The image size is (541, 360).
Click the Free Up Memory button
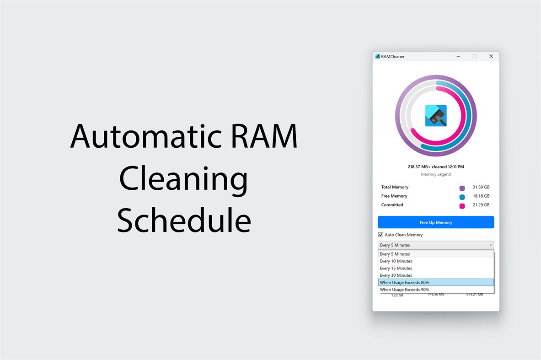[435, 222]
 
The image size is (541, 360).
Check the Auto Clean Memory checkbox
[380, 235]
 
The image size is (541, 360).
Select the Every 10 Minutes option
[396, 261]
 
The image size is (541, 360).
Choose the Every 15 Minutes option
[396, 269]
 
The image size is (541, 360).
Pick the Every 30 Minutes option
[396, 275]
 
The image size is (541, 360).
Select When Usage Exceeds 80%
[404, 283]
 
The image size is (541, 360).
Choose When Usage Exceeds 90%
[404, 290]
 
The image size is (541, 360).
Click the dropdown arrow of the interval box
[491, 245]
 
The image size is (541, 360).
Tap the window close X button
[491, 56]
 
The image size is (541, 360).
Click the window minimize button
[458, 56]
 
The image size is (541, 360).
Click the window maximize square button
[475, 56]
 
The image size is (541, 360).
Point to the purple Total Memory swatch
[462, 188]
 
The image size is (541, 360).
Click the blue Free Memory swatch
[462, 197]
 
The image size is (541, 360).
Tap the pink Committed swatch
[462, 206]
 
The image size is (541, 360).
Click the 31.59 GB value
[481, 187]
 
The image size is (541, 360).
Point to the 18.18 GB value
[481, 196]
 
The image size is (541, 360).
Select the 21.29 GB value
[481, 205]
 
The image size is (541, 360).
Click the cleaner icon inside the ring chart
[436, 116]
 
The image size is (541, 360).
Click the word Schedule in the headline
[184, 220]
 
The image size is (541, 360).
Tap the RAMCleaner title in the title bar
[393, 57]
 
